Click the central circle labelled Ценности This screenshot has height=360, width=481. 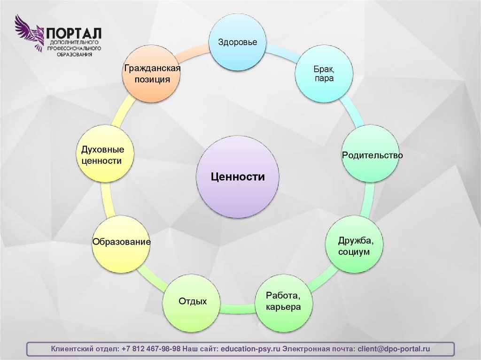[238, 177]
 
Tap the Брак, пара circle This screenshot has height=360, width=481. [324, 74]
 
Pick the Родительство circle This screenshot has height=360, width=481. [372, 154]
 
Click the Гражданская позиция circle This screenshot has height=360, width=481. [152, 74]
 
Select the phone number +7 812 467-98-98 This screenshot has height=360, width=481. [151, 349]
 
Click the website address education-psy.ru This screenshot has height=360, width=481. [251, 349]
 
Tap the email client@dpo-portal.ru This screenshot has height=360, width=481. [394, 349]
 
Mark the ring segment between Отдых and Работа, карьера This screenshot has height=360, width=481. [238, 308]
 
